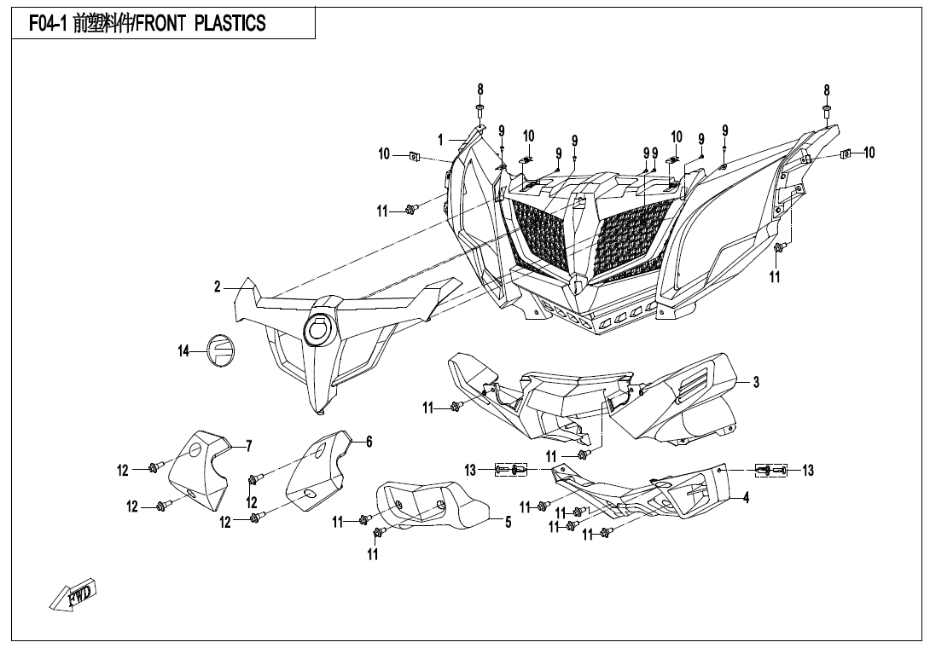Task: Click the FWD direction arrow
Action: pyautogui.click(x=74, y=594)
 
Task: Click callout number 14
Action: pyautogui.click(x=183, y=350)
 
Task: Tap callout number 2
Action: pyautogui.click(x=218, y=287)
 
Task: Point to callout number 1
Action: pyautogui.click(x=440, y=139)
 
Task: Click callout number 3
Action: pyautogui.click(x=756, y=383)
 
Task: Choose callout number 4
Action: pyautogui.click(x=746, y=499)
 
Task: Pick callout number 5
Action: pyautogui.click(x=508, y=523)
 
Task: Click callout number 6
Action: pyautogui.click(x=369, y=442)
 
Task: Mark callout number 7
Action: pyautogui.click(x=248, y=445)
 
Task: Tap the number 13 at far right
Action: pyautogui.click(x=807, y=471)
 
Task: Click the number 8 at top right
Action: pyautogui.click(x=827, y=90)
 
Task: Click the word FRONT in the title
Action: pyautogui.click(x=162, y=23)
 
